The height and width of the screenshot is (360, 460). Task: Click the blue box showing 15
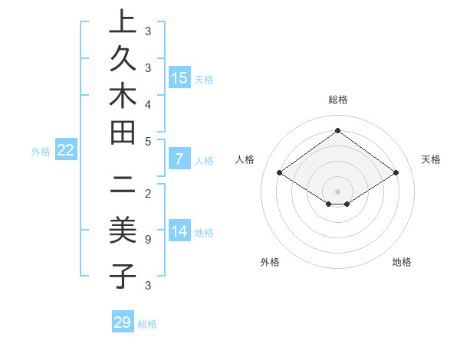point(179,77)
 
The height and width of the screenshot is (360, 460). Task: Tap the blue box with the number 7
point(179,160)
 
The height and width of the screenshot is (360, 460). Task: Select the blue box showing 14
point(179,231)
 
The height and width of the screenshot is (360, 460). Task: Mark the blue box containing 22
point(65,150)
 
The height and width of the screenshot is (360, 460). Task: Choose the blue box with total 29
point(123,322)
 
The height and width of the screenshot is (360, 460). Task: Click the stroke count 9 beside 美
point(148,239)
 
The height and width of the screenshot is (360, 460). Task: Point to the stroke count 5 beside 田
point(148,141)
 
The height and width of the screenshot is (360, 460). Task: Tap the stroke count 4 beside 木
point(148,103)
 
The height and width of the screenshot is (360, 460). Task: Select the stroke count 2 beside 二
point(148,194)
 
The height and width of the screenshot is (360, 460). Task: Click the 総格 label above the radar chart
point(338,100)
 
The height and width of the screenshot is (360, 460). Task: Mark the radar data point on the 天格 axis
point(396,173)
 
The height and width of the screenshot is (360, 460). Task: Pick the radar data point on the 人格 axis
point(279,173)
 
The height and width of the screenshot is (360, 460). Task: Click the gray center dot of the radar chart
point(338,191)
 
